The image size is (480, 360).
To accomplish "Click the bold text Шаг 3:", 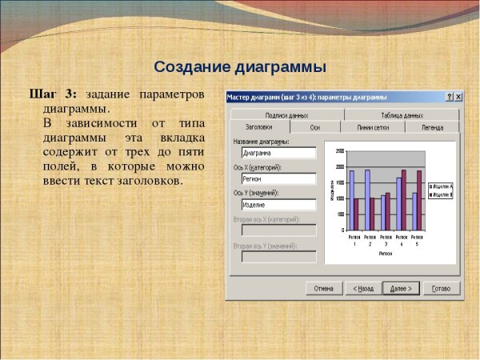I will (53, 94).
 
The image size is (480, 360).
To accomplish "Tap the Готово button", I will (441, 288).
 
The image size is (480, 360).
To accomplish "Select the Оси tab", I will (315, 126).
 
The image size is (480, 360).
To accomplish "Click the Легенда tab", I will (432, 126).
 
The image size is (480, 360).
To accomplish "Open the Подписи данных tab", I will (286, 115).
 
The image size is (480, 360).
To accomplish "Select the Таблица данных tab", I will (402, 115).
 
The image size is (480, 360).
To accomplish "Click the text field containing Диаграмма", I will (278, 152).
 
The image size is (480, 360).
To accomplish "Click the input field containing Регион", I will (278, 178).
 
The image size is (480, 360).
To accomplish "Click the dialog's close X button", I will (458, 98).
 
